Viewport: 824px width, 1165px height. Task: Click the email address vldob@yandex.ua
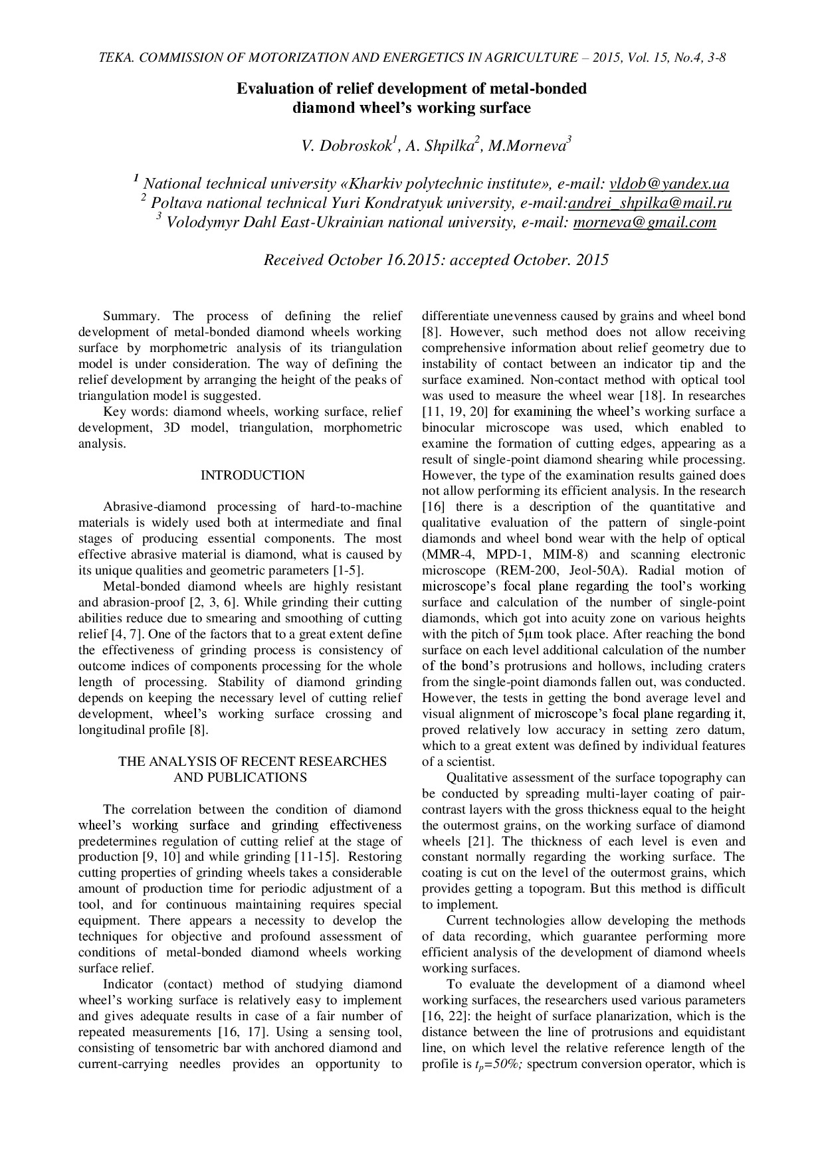tap(669, 184)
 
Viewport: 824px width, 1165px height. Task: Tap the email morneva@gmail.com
tap(645, 223)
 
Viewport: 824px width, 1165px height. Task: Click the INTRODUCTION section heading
tap(253, 476)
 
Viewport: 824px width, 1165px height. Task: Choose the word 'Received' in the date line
tap(294, 260)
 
